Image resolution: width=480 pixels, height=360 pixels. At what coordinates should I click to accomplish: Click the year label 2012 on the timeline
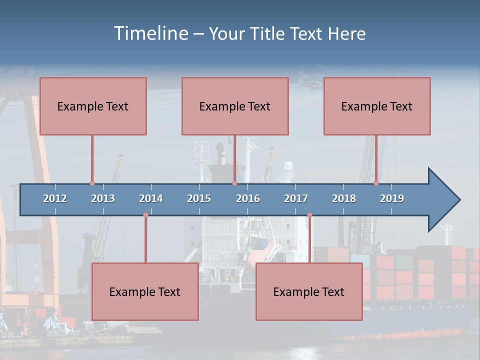55,198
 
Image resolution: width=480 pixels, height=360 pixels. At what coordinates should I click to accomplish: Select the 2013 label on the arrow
103,198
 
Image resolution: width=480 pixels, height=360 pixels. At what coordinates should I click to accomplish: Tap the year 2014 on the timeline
151,198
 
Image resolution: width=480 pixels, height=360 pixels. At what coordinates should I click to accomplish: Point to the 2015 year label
199,198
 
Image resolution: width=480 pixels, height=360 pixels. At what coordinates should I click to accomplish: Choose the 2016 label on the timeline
248,198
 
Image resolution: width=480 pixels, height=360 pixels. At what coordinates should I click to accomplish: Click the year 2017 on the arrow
296,198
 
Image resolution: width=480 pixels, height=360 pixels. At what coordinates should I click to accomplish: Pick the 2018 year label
344,198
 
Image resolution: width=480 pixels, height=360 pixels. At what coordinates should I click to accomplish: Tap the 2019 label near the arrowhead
392,198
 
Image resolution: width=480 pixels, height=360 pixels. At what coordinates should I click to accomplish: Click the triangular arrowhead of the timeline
443,200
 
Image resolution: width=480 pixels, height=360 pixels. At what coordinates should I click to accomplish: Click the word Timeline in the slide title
150,33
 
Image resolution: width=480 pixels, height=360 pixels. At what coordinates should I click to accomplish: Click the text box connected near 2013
93,106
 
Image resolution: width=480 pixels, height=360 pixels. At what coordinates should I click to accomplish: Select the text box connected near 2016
235,106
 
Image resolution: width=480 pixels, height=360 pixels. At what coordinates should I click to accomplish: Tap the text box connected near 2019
377,106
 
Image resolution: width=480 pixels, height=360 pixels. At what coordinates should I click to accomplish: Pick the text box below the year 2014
145,291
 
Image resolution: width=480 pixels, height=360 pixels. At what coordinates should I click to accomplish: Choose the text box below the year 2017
309,291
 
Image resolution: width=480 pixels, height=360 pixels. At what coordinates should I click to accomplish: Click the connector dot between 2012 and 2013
92,183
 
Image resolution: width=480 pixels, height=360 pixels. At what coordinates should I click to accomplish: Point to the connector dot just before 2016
234,183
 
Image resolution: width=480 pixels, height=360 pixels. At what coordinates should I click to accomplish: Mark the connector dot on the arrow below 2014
145,215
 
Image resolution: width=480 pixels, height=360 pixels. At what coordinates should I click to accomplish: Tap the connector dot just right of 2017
309,215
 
